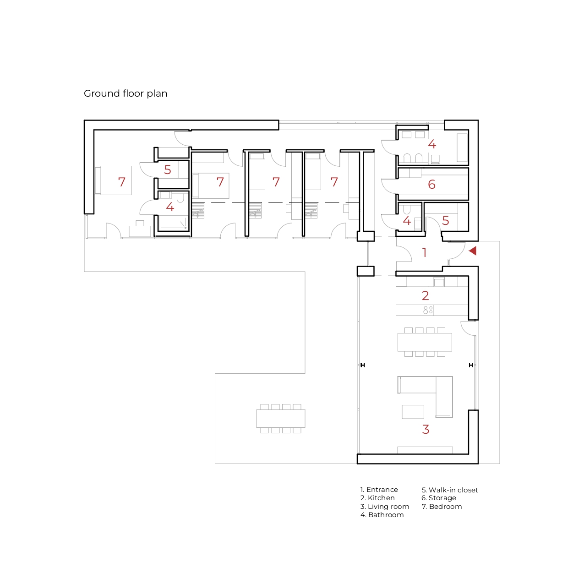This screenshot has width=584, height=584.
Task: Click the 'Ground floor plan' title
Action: pos(126,93)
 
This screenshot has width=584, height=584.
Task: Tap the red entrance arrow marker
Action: pos(473,251)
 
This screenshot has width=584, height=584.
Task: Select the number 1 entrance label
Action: pos(425,252)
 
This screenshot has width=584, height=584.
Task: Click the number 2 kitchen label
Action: pos(425,295)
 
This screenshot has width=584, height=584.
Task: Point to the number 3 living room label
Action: pos(426,429)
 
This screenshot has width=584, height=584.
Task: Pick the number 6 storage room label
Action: pos(431,184)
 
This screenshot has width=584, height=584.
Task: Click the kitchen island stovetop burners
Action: pos(428,310)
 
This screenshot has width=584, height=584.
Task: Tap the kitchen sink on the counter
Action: pos(439,283)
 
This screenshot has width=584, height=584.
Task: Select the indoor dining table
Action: pos(425,342)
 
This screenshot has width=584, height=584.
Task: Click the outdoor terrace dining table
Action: pos(281,419)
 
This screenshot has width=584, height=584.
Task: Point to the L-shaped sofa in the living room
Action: pos(444,397)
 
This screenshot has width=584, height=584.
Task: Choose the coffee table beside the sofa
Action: pos(413,412)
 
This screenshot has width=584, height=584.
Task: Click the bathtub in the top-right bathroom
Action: pos(462,148)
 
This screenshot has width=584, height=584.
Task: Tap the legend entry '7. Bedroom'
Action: pos(442,507)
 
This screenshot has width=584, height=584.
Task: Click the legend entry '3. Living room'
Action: pos(385,507)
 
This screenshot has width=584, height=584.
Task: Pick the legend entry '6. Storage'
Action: pos(438,498)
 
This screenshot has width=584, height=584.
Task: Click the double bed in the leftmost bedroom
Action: pos(113,180)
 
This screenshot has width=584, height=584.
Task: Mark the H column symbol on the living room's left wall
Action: pos(363,365)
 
